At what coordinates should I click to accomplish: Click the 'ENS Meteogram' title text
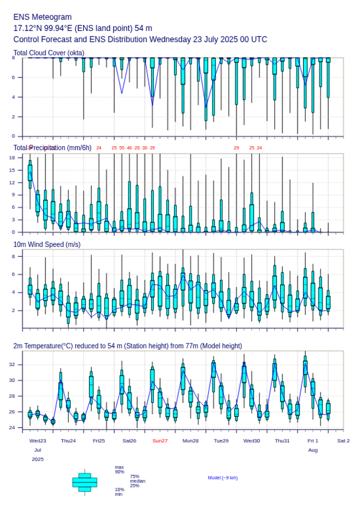click(x=42, y=17)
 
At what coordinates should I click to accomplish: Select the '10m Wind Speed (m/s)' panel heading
click(x=47, y=244)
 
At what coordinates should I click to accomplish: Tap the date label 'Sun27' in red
click(x=160, y=441)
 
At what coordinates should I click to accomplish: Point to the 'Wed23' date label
click(x=38, y=441)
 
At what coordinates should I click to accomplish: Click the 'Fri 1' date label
click(x=313, y=441)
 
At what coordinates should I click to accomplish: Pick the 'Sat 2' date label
click(x=343, y=441)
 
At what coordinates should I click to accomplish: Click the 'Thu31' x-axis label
click(x=282, y=441)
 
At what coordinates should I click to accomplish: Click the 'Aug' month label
click(x=313, y=450)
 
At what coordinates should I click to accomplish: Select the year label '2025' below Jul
click(x=38, y=459)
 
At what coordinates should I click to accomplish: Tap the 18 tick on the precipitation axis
click(x=12, y=157)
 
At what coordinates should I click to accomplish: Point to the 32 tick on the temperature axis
click(x=12, y=365)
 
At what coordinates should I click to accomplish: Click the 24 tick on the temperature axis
click(x=12, y=428)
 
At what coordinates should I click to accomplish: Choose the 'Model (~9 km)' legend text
click(x=223, y=478)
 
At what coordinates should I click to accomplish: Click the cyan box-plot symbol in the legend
click(x=85, y=482)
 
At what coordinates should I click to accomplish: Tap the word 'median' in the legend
click(x=137, y=481)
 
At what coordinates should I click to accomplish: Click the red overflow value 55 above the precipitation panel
click(x=122, y=148)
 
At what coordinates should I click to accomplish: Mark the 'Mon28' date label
click(x=191, y=441)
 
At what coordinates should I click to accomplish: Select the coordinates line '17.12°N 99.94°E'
click(x=83, y=28)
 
